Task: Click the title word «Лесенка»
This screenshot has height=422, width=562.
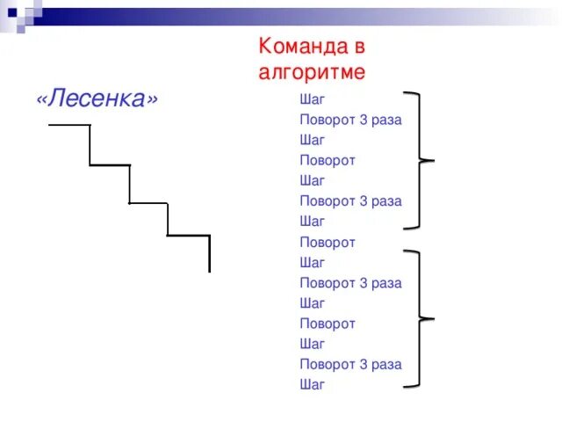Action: click(97, 98)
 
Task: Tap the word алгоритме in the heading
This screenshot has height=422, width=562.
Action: click(312, 71)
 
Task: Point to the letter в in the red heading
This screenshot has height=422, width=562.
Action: click(356, 46)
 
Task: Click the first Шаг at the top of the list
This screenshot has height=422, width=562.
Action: click(312, 99)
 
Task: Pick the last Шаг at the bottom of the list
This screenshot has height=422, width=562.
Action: click(312, 384)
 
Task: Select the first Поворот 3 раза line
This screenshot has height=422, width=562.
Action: click(350, 120)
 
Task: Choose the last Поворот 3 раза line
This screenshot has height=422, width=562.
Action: click(350, 364)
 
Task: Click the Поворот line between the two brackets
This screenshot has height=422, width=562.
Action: click(328, 242)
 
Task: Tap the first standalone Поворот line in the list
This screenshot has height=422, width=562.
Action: click(328, 160)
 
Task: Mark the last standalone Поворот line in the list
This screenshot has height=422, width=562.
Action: click(328, 324)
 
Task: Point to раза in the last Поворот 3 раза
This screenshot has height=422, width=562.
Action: click(386, 364)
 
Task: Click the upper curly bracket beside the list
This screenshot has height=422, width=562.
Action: click(422, 160)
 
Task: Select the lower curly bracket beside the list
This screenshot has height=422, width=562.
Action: click(422, 317)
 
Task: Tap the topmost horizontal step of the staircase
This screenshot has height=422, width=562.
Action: click(68, 126)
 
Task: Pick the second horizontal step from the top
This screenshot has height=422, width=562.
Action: click(110, 164)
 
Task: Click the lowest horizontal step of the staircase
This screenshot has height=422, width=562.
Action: click(188, 236)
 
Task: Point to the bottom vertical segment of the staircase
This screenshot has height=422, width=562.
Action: click(209, 254)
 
